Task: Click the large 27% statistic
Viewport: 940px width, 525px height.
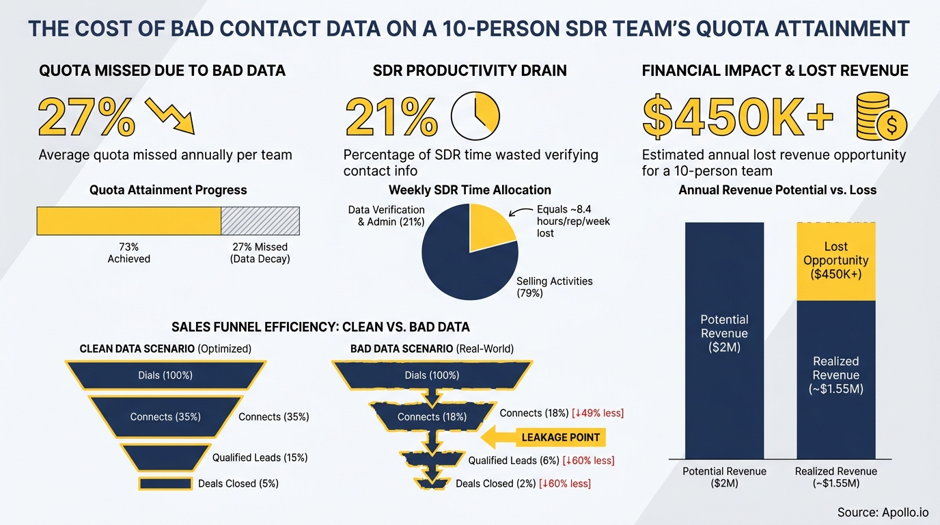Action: click(x=87, y=116)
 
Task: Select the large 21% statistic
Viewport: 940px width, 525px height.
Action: click(x=391, y=116)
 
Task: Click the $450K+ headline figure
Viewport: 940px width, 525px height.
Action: click(x=738, y=116)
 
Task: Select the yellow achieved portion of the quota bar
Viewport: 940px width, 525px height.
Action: click(x=128, y=221)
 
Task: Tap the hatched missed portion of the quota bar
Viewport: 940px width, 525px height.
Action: click(x=260, y=221)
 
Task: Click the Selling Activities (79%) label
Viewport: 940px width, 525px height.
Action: click(x=554, y=287)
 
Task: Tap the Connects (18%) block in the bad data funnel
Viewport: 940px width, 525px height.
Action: click(x=432, y=416)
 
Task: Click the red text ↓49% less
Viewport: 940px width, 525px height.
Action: click(x=598, y=414)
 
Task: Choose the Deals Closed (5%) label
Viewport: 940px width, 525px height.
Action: click(x=238, y=483)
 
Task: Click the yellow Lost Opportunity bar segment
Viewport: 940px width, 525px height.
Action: click(x=835, y=261)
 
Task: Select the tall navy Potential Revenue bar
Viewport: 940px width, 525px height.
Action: click(x=724, y=340)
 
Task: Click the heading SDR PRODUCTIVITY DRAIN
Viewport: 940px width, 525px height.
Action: click(x=469, y=70)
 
